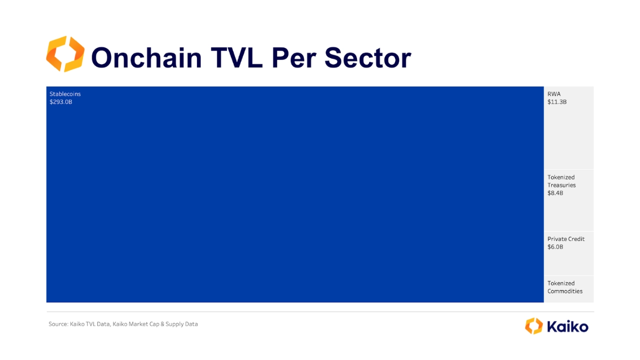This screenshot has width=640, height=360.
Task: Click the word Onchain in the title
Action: [146, 57]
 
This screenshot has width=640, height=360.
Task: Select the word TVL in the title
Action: [236, 57]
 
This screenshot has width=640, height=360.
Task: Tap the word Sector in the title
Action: [367, 57]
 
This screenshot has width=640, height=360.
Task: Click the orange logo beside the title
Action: [65, 54]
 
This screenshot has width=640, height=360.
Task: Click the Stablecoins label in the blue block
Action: [65, 93]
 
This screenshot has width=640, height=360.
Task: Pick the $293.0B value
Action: [61, 101]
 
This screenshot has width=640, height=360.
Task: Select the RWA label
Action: [554, 93]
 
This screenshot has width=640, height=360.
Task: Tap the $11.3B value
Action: [557, 101]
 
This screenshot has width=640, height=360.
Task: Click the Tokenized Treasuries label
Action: [561, 181]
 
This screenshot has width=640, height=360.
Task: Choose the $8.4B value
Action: [555, 193]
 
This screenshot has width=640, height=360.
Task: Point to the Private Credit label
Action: [566, 239]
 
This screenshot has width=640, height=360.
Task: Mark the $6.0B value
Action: [555, 247]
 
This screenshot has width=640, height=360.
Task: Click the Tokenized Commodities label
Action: [565, 287]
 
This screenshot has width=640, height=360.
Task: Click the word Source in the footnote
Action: [58, 324]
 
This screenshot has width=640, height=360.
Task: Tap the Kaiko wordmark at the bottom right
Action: [567, 326]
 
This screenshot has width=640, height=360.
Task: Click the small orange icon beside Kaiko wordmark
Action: [533, 326]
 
